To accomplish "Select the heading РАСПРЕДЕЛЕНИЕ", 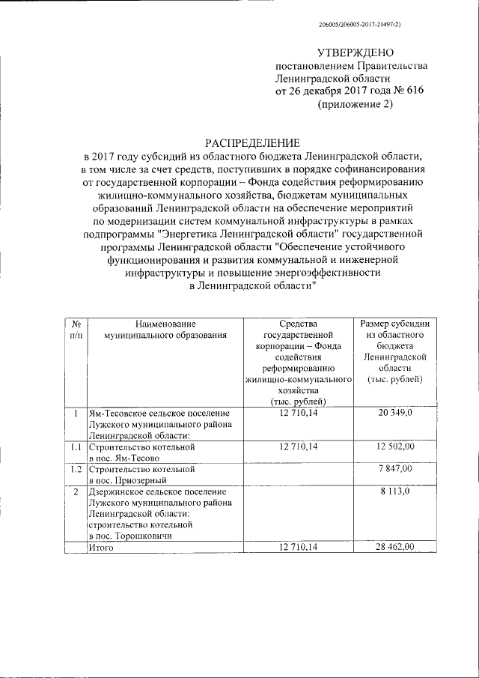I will (253, 143).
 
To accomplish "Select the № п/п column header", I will (76, 328).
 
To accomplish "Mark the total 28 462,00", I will (394, 548).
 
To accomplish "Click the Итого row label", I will (100, 548).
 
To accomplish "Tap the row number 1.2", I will (76, 469).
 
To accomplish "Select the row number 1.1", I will (76, 447).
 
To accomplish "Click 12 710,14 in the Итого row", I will (299, 548).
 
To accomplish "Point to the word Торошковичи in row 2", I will (147, 536).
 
